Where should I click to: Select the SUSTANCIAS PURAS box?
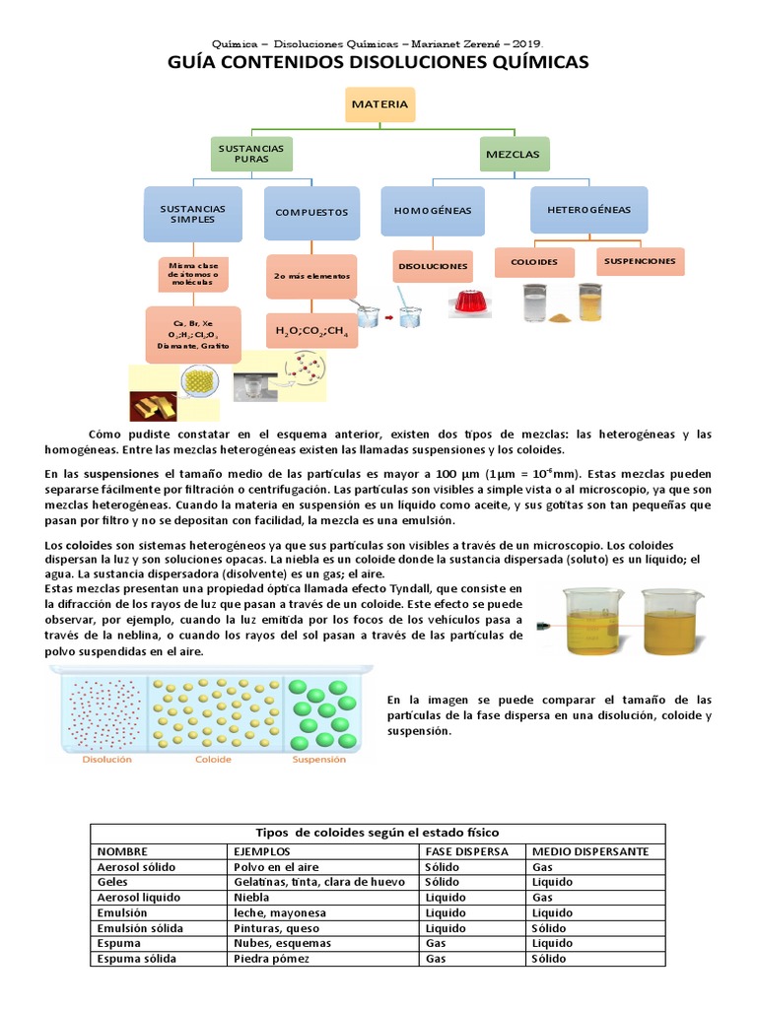pos(252,154)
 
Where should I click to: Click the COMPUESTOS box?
pos(312,212)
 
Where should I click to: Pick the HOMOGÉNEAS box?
pos(433,211)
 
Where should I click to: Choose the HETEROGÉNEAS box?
pos(588,210)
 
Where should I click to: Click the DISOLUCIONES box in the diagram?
pos(432,266)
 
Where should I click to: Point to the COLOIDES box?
pos(534,262)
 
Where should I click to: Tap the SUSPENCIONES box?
pos(641,261)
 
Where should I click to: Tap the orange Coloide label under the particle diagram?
pos(214,760)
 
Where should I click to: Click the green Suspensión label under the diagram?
pos(321,760)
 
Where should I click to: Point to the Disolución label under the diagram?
pos(105,760)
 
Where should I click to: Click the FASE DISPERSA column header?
pos(467,851)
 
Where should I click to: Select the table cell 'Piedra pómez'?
pos(271,959)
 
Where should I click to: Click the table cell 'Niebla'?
pos(251,899)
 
